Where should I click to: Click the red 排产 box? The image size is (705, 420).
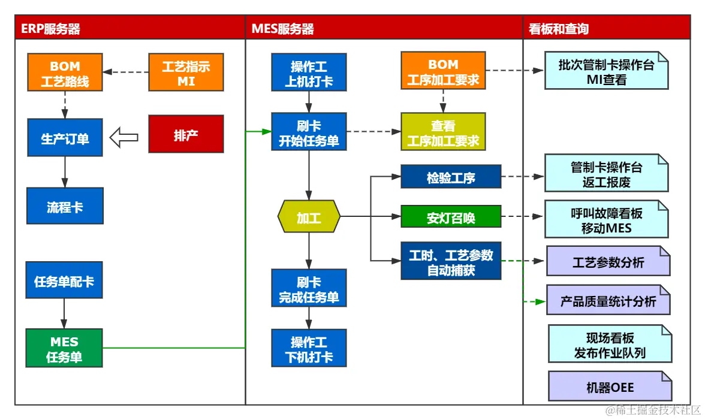point(186,134)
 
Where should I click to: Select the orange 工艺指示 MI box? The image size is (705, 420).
point(186,72)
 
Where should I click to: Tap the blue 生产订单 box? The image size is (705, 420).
point(65,138)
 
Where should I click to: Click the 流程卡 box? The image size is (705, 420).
point(65,206)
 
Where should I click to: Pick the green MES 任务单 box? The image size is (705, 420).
point(64,348)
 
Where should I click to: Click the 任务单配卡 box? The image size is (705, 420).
point(64,280)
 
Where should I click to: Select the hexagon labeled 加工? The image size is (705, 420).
point(309,217)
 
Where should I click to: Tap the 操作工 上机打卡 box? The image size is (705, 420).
point(309,72)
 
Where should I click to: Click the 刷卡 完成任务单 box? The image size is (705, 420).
point(309,288)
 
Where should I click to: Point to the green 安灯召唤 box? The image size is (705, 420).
point(451,217)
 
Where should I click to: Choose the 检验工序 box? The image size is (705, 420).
point(451,177)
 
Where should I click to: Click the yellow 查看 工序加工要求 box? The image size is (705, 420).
point(443,132)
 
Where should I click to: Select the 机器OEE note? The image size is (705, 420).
point(610,386)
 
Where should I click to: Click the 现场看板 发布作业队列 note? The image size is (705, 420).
point(610,345)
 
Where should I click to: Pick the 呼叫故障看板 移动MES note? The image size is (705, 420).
point(607,220)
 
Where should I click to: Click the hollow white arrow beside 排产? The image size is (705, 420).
point(124,138)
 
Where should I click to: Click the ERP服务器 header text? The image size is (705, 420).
point(51,29)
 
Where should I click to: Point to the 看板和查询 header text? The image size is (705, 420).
point(559,29)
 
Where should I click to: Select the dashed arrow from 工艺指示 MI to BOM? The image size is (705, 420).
point(125,72)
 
